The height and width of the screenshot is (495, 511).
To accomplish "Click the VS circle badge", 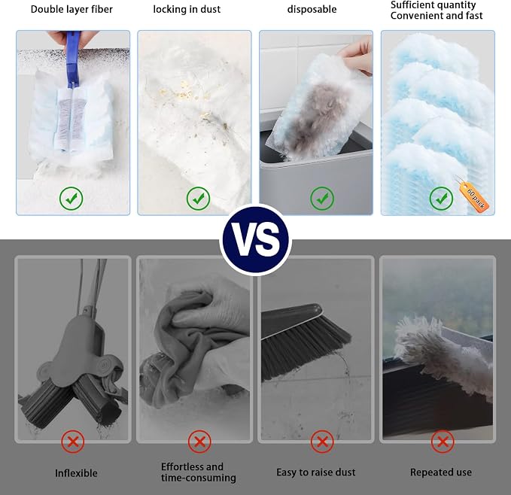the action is (256, 241).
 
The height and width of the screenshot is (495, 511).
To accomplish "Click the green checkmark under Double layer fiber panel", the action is (71, 199).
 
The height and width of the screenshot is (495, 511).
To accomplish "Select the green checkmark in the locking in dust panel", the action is (198, 199).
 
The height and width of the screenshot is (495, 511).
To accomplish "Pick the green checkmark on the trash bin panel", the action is (322, 199).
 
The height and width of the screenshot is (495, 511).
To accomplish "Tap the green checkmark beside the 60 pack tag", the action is (441, 199).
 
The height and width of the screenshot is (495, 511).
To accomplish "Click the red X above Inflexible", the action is (73, 442).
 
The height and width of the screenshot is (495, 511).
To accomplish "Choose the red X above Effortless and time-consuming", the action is (199, 442).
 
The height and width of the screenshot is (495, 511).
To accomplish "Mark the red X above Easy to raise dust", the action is (322, 442).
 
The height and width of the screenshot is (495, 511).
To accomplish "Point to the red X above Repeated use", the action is (443, 442).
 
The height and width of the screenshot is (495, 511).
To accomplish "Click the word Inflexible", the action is (76, 473).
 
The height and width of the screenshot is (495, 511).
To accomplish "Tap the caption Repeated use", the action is (441, 472).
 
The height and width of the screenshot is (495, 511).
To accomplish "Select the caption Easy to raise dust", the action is (316, 472).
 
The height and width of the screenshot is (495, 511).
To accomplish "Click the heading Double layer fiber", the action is (71, 10).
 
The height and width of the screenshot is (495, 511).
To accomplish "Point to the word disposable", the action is (312, 10).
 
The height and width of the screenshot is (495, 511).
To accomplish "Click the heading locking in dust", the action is (187, 10).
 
